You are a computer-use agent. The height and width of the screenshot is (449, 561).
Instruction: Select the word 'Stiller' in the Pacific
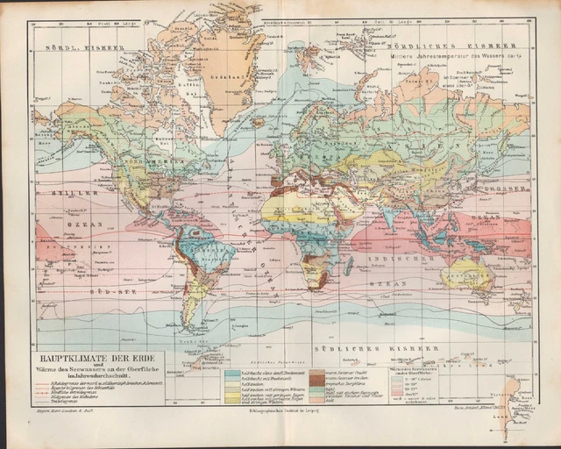(x=56, y=189)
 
